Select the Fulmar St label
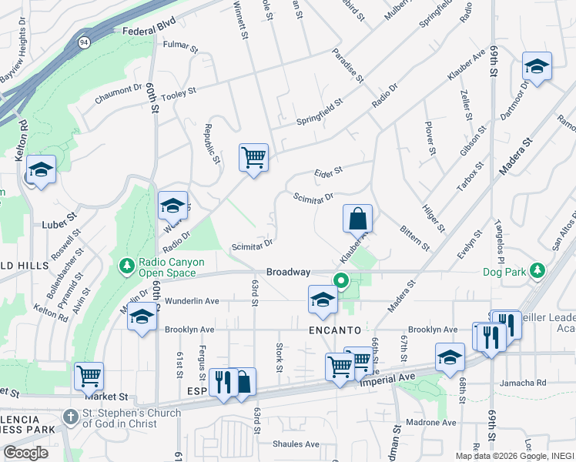click(x=181, y=45)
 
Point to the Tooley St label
click(x=180, y=91)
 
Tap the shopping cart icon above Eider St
click(x=253, y=158)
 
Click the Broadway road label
click(x=288, y=272)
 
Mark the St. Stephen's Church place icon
click(x=70, y=413)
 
